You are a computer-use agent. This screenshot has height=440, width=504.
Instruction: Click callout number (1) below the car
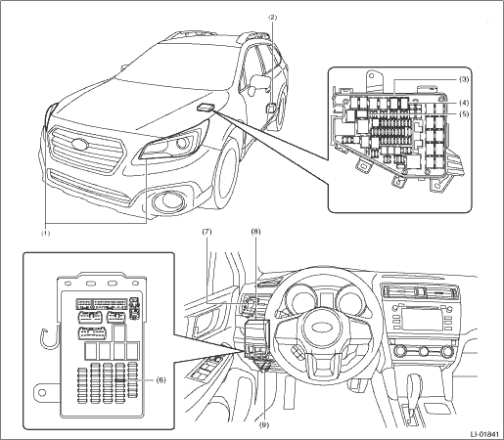point(45,234)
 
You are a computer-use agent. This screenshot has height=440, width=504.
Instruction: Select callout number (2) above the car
point(273,18)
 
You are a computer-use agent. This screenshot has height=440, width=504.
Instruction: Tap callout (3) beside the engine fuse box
point(464,79)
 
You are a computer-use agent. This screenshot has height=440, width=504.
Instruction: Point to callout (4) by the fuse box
point(464,103)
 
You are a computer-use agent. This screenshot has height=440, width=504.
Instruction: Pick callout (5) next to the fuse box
point(464,113)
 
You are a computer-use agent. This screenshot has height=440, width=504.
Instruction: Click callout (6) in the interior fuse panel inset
point(160,379)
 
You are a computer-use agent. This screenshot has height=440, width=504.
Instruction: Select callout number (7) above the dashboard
point(206,232)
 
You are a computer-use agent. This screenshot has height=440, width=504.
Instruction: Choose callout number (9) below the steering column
point(264,424)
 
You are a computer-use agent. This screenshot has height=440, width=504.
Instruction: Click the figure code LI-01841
point(484,434)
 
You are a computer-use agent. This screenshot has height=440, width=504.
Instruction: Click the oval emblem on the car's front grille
point(79,144)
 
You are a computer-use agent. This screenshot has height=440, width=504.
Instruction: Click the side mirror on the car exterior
point(259,83)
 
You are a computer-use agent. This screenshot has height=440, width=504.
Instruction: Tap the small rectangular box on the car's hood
point(206,107)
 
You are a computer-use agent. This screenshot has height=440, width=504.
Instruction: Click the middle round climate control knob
point(424,351)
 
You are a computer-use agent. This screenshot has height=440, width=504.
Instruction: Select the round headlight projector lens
point(183,143)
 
